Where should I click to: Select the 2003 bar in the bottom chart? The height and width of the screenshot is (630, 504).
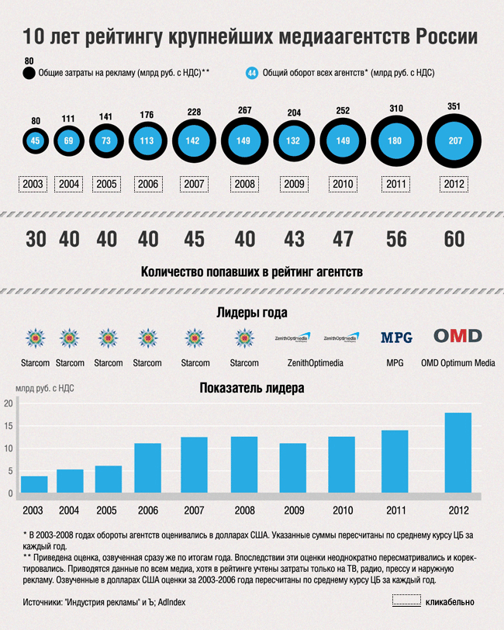[34, 484]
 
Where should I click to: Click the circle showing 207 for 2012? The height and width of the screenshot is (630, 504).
[454, 141]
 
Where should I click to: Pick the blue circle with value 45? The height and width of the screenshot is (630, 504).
[35, 141]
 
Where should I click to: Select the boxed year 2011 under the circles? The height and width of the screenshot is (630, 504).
[396, 185]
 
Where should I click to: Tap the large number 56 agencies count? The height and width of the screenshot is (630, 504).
[396, 239]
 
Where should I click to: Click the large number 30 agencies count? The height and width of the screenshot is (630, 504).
[35, 239]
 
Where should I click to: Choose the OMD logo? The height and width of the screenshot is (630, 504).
[457, 336]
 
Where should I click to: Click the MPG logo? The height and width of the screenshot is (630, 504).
[396, 337]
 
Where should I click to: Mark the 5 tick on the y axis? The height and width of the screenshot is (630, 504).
[9, 471]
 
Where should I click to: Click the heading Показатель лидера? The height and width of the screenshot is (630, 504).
[251, 387]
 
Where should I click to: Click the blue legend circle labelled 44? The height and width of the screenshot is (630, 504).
[251, 73]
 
